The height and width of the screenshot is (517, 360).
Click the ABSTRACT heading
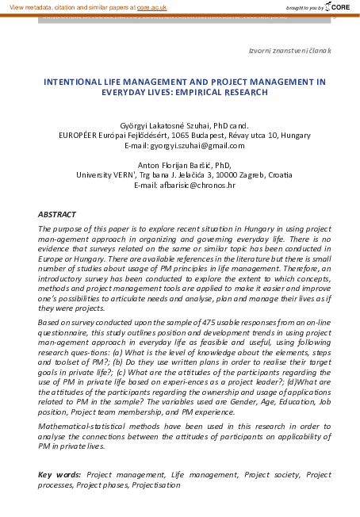coord(57,215)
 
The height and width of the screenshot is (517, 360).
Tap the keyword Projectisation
coord(157,484)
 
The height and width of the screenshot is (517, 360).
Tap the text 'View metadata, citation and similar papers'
coord(66,6)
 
